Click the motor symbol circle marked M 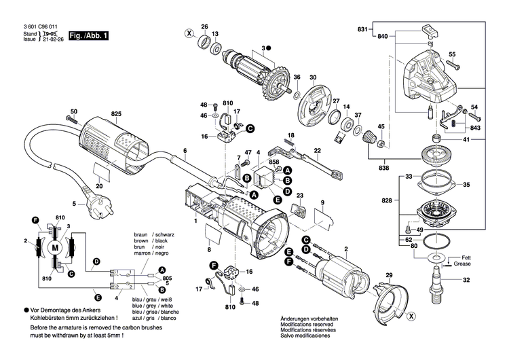(x=53, y=249)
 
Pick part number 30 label (x=313, y=77)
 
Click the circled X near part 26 (x=189, y=32)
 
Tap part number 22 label (x=317, y=150)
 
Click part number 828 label (x=387, y=202)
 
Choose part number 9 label (x=323, y=202)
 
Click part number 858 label (x=274, y=163)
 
